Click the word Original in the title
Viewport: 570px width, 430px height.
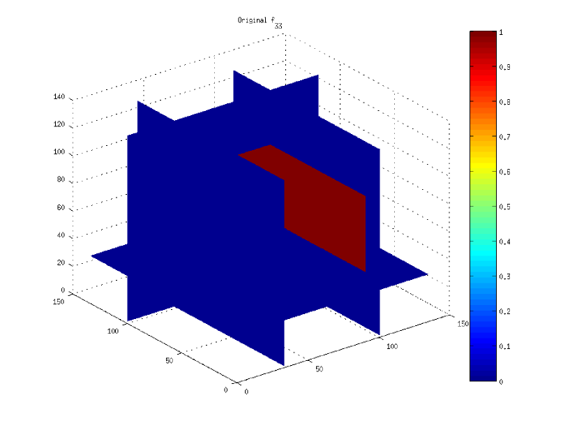click(253, 20)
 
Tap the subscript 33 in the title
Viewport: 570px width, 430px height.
click(278, 26)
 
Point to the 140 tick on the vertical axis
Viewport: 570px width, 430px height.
click(59, 97)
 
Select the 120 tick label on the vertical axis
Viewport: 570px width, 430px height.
click(59, 124)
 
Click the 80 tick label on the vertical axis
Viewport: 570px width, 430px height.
click(61, 179)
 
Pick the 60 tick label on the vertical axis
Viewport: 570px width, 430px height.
click(61, 207)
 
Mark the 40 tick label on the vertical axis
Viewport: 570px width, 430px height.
click(61, 235)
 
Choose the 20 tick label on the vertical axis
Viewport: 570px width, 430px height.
click(61, 262)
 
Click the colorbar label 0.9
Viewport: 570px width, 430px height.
click(504, 67)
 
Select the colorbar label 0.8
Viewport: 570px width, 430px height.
click(504, 102)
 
